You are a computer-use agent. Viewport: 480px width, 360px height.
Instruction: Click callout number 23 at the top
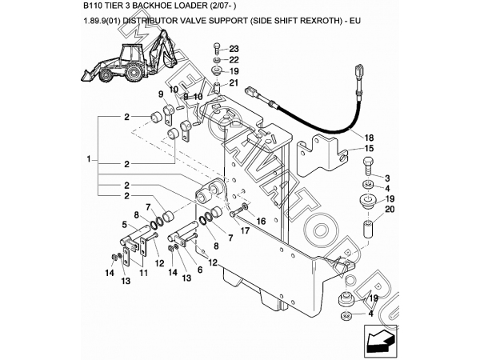234,49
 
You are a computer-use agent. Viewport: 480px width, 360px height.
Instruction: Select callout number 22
234,60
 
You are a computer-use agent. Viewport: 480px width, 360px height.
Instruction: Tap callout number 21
234,82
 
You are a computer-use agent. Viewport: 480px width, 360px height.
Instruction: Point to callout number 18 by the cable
368,138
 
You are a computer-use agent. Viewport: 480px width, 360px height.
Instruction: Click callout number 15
368,149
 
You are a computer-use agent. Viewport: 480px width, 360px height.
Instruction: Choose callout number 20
390,210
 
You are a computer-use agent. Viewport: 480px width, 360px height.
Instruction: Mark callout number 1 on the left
88,160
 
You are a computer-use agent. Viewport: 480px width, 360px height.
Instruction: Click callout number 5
124,225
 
